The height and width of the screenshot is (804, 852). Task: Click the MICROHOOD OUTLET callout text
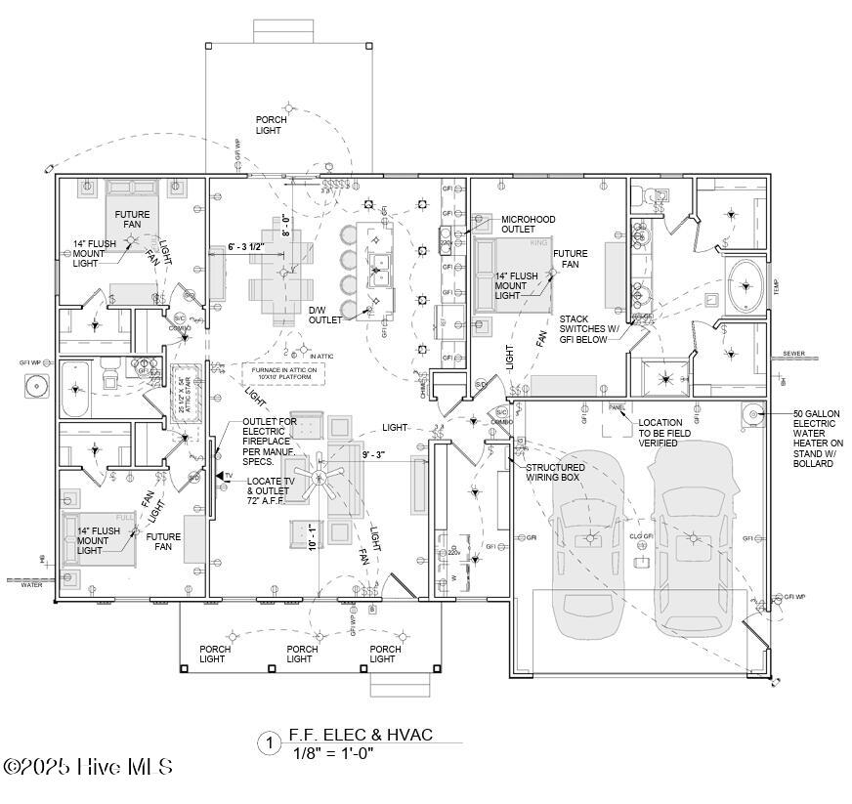coord(530,225)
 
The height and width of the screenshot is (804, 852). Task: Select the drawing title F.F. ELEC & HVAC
coord(361,735)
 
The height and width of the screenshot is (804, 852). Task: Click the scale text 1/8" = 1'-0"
coord(333,752)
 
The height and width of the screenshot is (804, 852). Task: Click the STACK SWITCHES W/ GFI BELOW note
coord(591,329)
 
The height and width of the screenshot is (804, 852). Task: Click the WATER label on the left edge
coord(32,585)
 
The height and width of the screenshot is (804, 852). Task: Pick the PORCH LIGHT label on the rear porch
coord(272,125)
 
